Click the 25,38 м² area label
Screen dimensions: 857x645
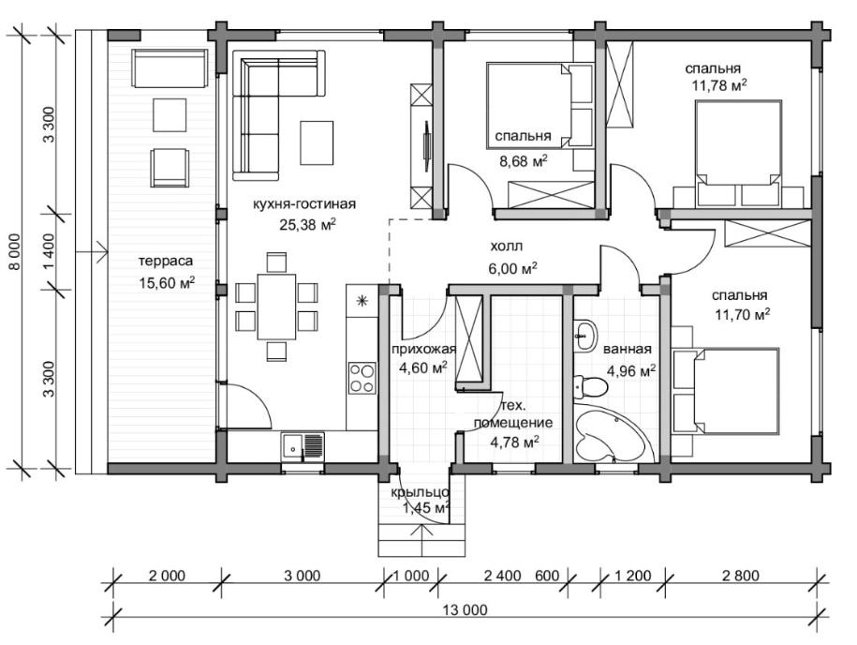[x=307, y=224]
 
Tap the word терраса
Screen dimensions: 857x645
[x=166, y=261]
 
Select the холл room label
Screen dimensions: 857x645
[x=506, y=247]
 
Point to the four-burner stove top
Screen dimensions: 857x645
[x=362, y=378]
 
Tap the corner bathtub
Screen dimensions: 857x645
[x=611, y=436]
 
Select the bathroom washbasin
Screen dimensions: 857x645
[x=584, y=334]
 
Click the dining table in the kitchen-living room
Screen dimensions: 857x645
[x=276, y=307]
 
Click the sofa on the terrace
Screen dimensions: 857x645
[x=170, y=68]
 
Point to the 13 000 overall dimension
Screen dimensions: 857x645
[x=465, y=609]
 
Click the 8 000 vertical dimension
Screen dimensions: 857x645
[x=14, y=251]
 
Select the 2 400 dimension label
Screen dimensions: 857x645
[x=502, y=576]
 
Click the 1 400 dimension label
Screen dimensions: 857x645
[x=49, y=251]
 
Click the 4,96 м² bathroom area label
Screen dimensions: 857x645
[x=631, y=371]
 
